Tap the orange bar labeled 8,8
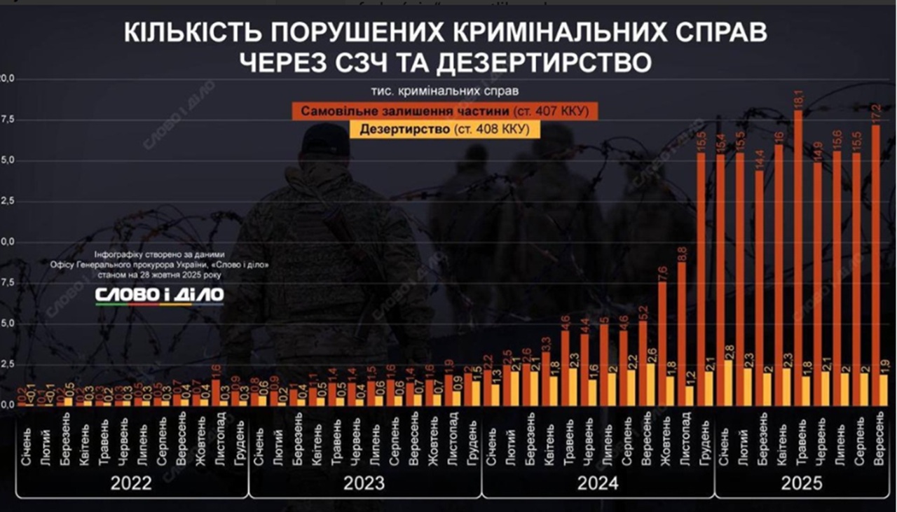682,329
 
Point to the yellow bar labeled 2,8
730,382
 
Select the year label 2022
132,483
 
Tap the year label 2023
364,483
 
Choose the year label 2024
598,483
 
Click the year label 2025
802,483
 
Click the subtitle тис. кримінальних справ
446,92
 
